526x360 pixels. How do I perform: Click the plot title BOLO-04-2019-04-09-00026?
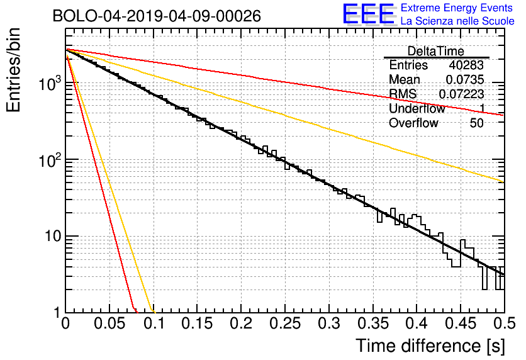pyautogui.click(x=157, y=16)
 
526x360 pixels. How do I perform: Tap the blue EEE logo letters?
pyautogui.click(x=368, y=14)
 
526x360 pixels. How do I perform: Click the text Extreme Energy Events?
pyautogui.click(x=457, y=8)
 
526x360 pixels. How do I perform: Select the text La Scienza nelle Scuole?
pyautogui.click(x=457, y=21)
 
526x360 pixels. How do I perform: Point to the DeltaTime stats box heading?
pyautogui.click(x=435, y=51)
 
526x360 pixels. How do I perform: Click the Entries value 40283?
pyautogui.click(x=466, y=65)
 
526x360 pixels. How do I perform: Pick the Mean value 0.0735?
pyautogui.click(x=465, y=79)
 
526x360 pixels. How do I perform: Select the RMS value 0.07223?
pyautogui.click(x=461, y=94)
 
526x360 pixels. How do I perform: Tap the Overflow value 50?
pyautogui.click(x=477, y=123)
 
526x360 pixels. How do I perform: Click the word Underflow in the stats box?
pyautogui.click(x=417, y=108)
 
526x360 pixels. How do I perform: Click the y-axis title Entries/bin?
pyautogui.click(x=13, y=70)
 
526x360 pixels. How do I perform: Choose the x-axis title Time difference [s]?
pyautogui.click(x=430, y=346)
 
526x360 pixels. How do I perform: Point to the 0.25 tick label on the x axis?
pyautogui.click(x=285, y=323)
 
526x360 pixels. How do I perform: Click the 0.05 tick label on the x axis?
pyautogui.click(x=109, y=323)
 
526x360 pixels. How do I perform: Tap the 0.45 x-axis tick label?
pyautogui.click(x=461, y=323)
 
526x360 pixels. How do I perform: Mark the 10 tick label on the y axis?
pyautogui.click(x=53, y=236)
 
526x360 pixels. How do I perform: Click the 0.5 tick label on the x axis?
pyautogui.click(x=504, y=323)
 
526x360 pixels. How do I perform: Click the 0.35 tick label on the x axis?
pyautogui.click(x=372, y=323)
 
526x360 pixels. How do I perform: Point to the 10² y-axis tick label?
pyautogui.click(x=50, y=160)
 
